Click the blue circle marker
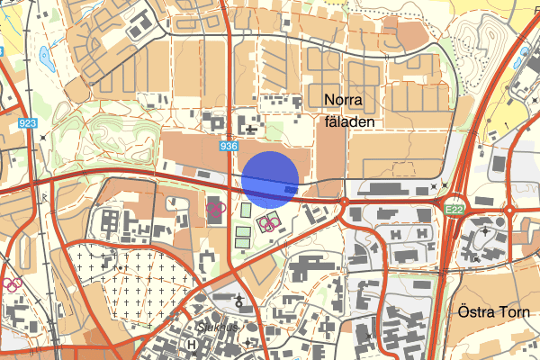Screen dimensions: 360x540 coord(270,178)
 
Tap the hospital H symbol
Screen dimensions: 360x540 coord(192,344)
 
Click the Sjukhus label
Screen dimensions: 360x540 coord(220,328)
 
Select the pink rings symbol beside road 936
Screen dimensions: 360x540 coord(215,210)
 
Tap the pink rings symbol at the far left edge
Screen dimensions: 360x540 coord(12,284)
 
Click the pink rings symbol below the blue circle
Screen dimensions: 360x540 coord(267,221)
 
